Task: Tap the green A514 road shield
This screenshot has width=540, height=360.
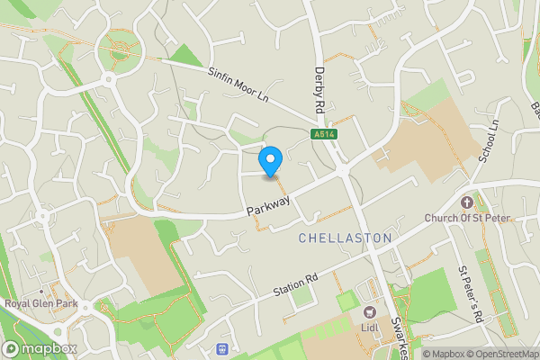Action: [x=325, y=135]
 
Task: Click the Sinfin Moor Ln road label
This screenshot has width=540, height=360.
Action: [x=239, y=83]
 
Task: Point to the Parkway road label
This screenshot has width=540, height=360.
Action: [x=268, y=206]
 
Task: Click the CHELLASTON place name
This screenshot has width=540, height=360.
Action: [x=345, y=238]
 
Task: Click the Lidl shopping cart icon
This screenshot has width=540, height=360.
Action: [x=369, y=311]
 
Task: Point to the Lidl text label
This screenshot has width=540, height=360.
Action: [x=369, y=327]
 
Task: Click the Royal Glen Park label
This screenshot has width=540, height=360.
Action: [x=40, y=303]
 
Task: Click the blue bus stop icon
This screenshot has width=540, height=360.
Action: [x=222, y=348]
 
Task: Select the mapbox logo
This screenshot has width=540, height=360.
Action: [x=40, y=349]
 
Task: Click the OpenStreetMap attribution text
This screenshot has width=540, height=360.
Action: [x=501, y=354]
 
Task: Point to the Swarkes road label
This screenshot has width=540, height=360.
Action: [x=400, y=337]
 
